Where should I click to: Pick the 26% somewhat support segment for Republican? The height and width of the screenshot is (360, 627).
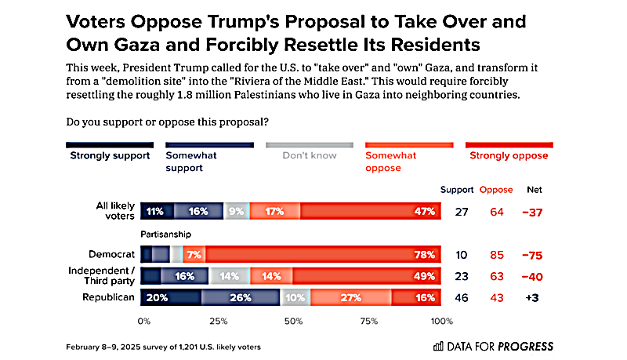coord(241,298)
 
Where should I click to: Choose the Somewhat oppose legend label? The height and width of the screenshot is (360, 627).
coord(391,161)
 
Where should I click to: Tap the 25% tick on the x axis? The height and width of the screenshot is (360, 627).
coord(219,322)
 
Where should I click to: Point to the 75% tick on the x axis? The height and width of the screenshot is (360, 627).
coord(368,322)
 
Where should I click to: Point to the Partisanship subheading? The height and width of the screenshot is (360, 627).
coord(167,235)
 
